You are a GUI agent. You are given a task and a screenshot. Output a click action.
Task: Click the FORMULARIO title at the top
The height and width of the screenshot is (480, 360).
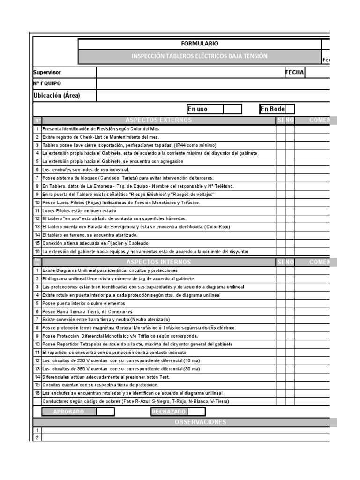point(199,44)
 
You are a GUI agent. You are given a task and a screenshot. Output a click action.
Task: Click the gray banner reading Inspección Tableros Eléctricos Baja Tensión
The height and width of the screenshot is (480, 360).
point(199,56)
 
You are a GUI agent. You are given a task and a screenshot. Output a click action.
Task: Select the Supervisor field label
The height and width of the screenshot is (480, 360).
point(47,72)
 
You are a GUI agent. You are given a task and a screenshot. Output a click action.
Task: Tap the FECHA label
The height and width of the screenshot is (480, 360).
point(295,72)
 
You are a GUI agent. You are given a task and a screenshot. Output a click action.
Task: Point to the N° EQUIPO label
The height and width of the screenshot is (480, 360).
point(47,83)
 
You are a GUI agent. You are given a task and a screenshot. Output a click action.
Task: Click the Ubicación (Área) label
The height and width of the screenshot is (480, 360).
point(57,96)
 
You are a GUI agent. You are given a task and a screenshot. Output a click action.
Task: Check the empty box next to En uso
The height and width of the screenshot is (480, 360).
point(232,109)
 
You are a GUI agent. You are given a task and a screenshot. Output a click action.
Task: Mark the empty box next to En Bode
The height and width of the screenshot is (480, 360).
point(290,109)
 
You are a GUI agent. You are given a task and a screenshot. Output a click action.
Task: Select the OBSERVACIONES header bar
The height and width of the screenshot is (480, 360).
point(200,422)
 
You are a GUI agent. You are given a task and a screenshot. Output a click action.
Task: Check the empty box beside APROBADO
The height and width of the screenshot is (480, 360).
point(105,412)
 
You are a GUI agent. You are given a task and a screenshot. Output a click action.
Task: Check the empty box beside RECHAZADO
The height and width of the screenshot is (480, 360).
point(196,412)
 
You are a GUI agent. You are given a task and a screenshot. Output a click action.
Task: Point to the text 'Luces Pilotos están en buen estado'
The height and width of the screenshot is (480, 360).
point(79,210)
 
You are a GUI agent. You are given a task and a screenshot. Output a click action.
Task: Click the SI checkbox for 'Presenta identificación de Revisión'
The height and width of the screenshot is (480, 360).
point(280,128)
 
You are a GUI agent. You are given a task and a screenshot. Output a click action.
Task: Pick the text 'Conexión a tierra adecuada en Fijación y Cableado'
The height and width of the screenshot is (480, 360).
point(95,243)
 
